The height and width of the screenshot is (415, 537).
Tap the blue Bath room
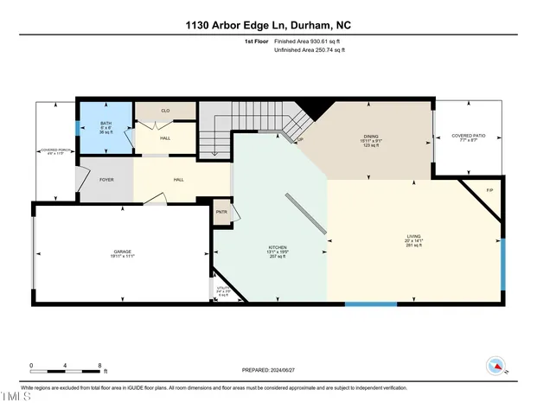click(x=105, y=128)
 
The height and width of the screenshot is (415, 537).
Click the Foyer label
click(x=107, y=180)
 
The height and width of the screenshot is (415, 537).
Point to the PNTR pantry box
click(x=221, y=212)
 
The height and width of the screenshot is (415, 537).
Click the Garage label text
click(x=122, y=252)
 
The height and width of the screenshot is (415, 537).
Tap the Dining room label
click(x=371, y=140)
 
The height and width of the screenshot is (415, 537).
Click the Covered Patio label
click(x=468, y=137)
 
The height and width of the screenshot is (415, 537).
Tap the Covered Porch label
click(x=54, y=151)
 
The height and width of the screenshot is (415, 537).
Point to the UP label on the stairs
click(x=300, y=139)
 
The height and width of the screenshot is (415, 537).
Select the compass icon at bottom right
click(x=497, y=366)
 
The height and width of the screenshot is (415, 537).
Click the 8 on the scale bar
click(x=100, y=365)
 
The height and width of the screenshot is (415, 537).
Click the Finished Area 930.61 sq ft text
click(x=308, y=41)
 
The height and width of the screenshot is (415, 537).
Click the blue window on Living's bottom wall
click(x=370, y=303)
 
